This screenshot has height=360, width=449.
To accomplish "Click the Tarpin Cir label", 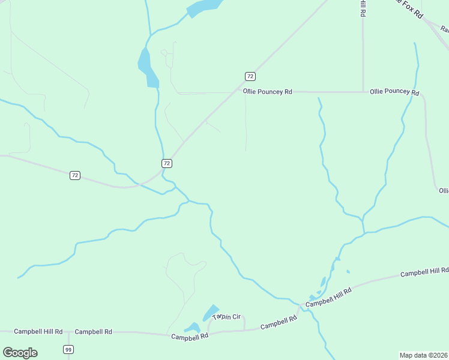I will (x=226, y=316).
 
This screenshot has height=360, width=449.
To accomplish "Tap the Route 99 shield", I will (x=68, y=350).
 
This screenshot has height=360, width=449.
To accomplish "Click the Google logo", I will (x=20, y=353).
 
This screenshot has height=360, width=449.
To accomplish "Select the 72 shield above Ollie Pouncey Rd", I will (x=250, y=76).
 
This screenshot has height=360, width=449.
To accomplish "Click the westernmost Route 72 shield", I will (x=74, y=175).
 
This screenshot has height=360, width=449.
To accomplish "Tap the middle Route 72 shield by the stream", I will (x=167, y=163).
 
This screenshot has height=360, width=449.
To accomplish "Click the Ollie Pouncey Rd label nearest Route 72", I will (x=267, y=92).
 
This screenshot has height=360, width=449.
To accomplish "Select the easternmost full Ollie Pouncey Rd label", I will (x=394, y=92).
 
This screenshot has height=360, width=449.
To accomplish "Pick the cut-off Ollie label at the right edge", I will (x=444, y=191).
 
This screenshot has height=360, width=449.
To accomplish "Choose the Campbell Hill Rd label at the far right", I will (x=424, y=272).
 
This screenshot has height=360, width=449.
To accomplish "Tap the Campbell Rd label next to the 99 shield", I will (x=94, y=331).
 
